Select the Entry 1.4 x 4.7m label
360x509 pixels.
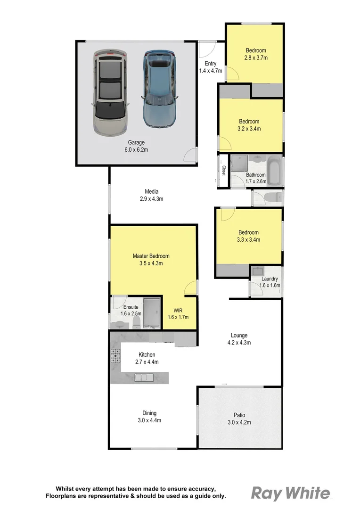pyautogui.click(x=210, y=67)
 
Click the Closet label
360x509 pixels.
pyautogui.click(x=224, y=171)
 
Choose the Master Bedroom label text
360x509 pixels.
pyautogui.click(x=151, y=256)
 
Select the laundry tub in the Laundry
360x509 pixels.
pyautogui.click(x=257, y=271)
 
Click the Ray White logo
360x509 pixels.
pyautogui.click(x=290, y=493)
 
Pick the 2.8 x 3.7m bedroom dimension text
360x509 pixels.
pyautogui.click(x=256, y=58)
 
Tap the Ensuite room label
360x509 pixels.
pyautogui.click(x=118, y=307)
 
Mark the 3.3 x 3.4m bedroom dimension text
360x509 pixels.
pyautogui.click(x=248, y=240)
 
